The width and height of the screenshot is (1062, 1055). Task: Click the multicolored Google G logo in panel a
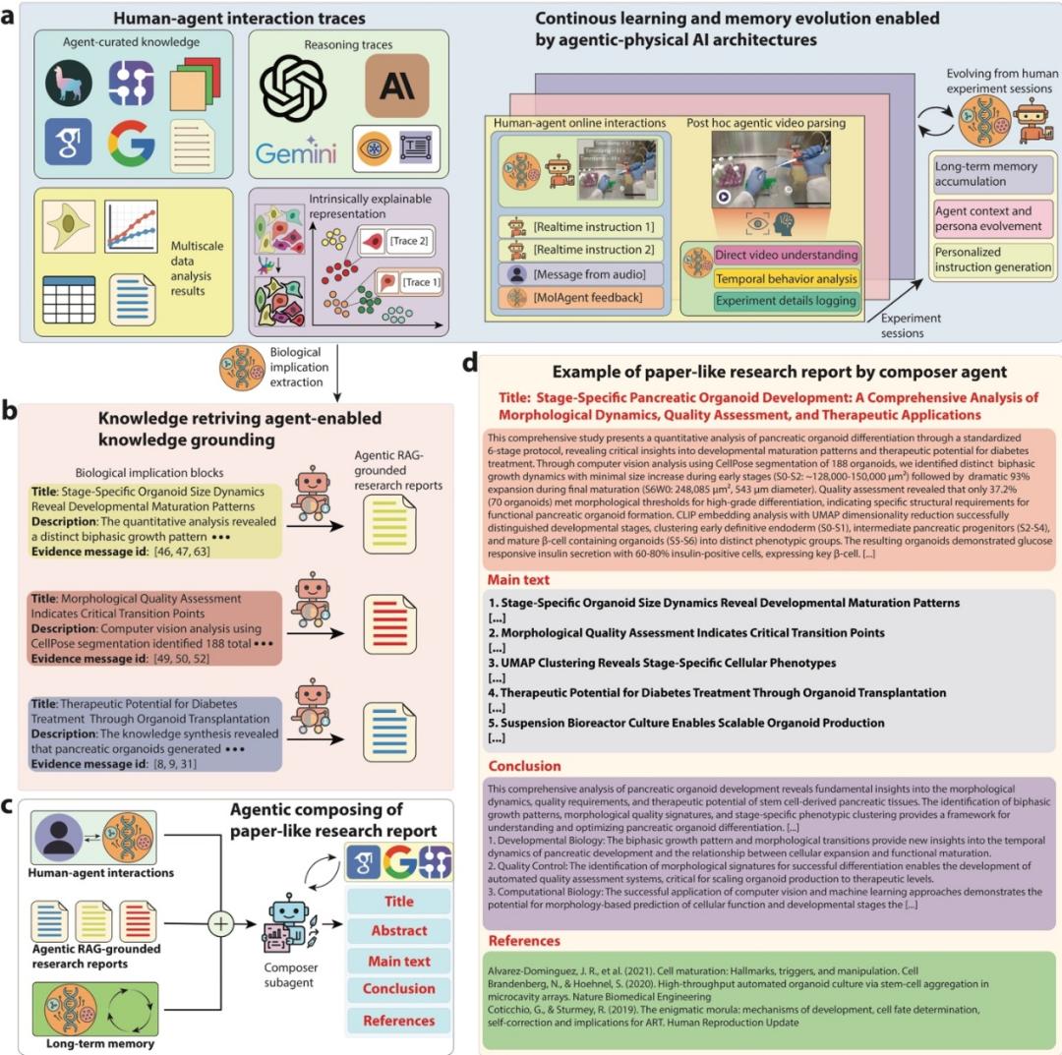pyautogui.click(x=131, y=144)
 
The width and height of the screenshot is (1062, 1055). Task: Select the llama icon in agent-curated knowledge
pyautogui.click(x=69, y=86)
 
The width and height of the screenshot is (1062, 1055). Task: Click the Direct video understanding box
pyautogui.click(x=786, y=255)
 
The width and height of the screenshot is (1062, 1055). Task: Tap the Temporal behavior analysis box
pyautogui.click(x=786, y=277)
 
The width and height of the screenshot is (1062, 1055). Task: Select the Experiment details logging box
pyautogui.click(x=786, y=300)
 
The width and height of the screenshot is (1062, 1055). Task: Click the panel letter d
pyautogui.click(x=470, y=364)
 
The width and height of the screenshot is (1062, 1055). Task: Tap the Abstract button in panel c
pyautogui.click(x=399, y=930)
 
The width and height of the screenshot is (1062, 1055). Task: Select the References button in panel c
pyautogui.click(x=399, y=1021)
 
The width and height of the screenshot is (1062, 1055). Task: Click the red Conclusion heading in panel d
pyautogui.click(x=525, y=765)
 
